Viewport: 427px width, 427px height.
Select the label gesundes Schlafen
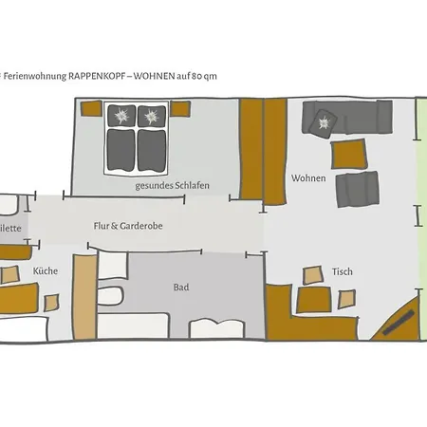coord(173,185)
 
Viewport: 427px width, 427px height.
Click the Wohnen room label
coord(308,178)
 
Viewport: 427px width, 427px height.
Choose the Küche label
coord(46,271)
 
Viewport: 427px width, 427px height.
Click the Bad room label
coord(180,287)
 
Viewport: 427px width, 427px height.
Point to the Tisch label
coord(343,272)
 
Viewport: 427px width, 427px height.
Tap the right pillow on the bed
coord(151,116)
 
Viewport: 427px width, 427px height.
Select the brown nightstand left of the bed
coord(89,113)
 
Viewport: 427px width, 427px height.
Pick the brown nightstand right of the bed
coord(180,113)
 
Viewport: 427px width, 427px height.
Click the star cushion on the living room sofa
coord(324,121)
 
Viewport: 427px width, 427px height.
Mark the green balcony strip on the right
coord(421,218)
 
